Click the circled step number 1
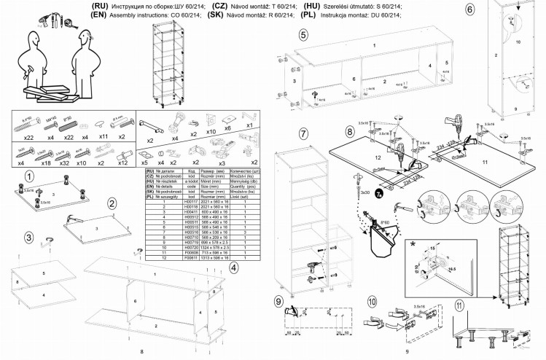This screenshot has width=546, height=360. click(x=26, y=176)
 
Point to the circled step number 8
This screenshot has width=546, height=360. click(x=350, y=131)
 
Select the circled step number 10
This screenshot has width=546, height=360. click(x=373, y=300)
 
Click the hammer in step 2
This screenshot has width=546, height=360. click(x=72, y=218)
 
